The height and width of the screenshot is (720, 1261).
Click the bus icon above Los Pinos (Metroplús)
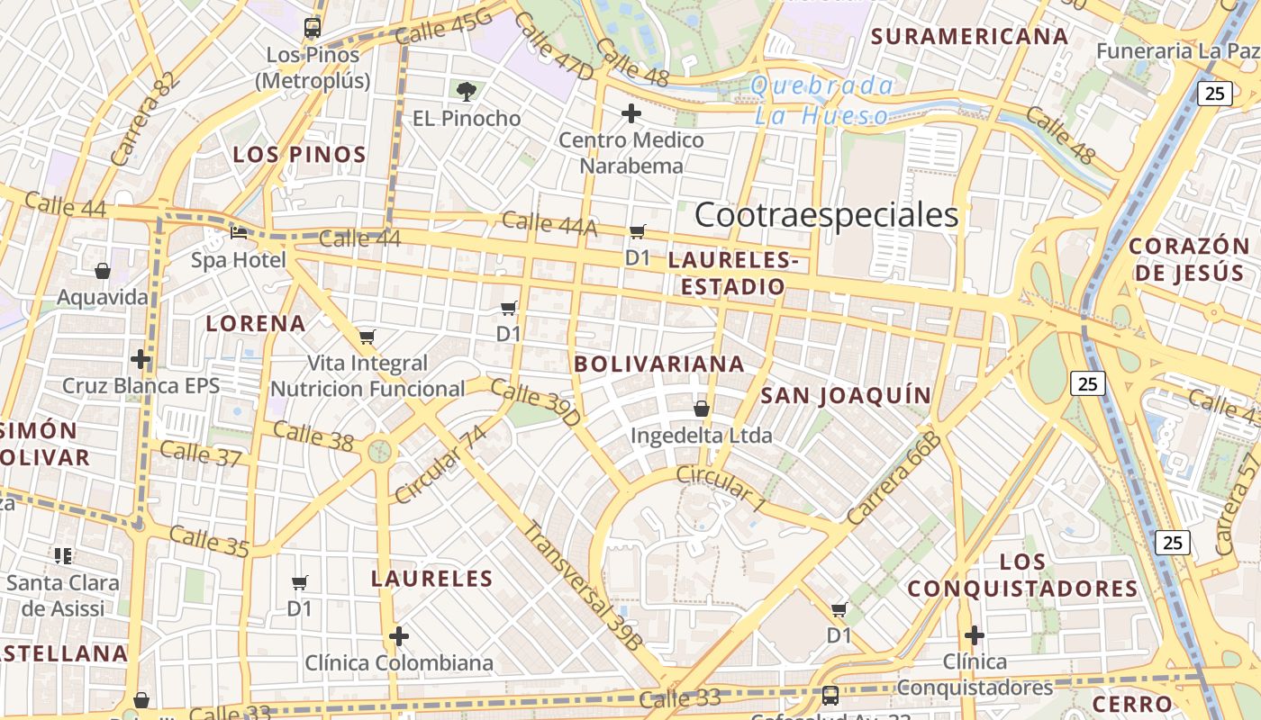(313, 28)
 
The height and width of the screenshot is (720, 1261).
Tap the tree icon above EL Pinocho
(467, 90)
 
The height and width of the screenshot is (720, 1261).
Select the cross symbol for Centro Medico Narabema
(631, 113)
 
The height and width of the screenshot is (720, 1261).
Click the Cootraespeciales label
(826, 215)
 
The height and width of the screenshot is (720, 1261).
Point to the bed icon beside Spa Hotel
(239, 232)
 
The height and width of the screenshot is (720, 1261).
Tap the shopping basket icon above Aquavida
(103, 270)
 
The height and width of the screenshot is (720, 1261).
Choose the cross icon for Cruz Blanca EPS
(141, 359)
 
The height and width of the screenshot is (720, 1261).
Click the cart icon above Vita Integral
(367, 337)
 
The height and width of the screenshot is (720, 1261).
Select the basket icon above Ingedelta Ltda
(702, 409)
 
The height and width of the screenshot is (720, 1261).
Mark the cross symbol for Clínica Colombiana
(399, 636)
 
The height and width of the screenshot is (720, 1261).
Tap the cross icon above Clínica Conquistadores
(974, 634)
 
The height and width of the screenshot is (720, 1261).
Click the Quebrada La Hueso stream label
(822, 100)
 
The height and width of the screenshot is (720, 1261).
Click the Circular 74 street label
(440, 465)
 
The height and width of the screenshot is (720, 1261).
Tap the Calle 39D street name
(536, 404)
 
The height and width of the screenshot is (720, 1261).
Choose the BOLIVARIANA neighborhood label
(659, 364)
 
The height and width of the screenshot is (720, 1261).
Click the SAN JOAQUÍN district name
(846, 395)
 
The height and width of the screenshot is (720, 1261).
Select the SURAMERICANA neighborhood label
(970, 37)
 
